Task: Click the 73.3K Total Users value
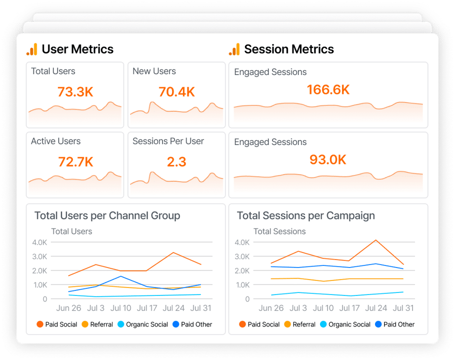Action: coord(75,91)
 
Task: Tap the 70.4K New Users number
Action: coord(176,91)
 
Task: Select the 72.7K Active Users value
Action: coord(75,162)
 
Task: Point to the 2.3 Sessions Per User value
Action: coord(176,162)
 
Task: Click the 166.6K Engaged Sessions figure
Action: coord(328,89)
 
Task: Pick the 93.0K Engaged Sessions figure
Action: coord(328,159)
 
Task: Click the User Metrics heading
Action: coord(77,49)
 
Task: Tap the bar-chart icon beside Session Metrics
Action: coord(234,49)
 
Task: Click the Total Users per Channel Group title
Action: coord(107,216)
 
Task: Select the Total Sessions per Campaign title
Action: coord(306,216)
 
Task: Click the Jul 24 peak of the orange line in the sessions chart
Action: coord(376,240)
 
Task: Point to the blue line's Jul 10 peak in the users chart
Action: coord(120,276)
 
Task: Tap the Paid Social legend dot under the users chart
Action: coord(40,324)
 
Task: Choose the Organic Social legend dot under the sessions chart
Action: coord(323,324)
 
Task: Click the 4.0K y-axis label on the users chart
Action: coord(39,242)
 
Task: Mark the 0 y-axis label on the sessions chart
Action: coord(247,299)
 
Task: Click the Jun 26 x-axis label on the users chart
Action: coord(68,308)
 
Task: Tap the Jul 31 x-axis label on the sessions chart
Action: coord(403,308)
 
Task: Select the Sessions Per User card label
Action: coord(168,141)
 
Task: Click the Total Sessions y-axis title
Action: coord(279,231)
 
